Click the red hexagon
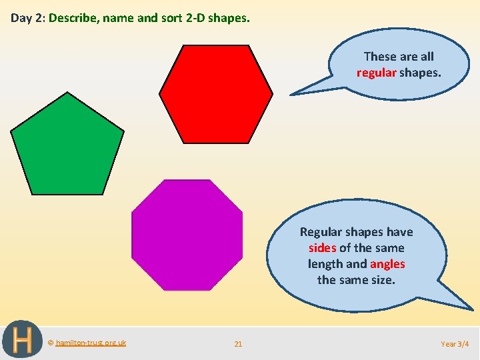215,93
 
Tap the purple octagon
187,235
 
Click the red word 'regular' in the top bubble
376,72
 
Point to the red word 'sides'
323,248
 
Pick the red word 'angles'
387,264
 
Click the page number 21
238,344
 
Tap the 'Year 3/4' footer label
455,344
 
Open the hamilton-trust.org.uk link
90,343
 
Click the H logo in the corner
22,340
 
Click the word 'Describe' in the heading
72,18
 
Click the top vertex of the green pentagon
67,93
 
